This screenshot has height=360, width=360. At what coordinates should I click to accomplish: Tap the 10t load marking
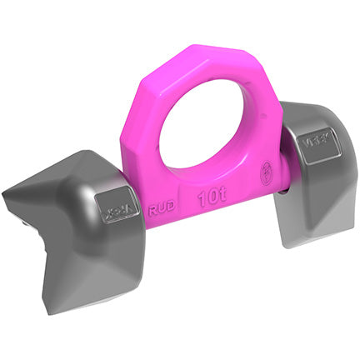tap(209, 199)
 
